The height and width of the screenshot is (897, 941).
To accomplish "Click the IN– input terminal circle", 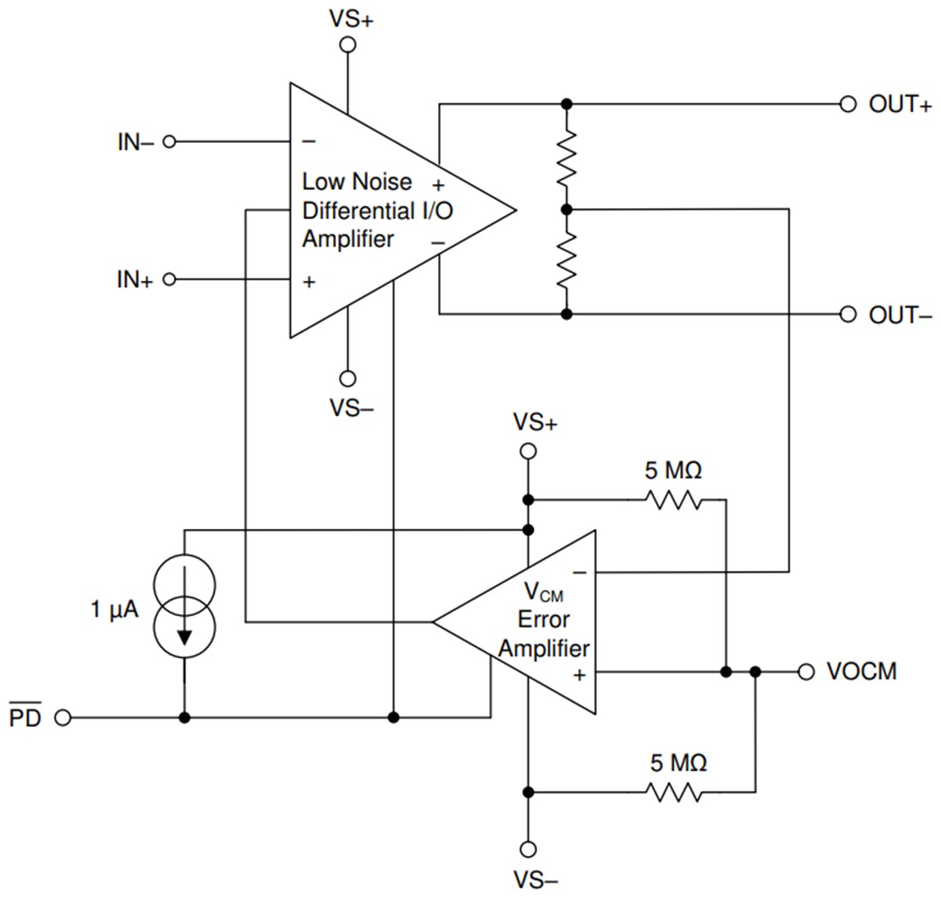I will click(169, 141).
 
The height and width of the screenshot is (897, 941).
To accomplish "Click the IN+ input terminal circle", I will click(169, 280).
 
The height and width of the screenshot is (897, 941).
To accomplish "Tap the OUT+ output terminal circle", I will click(847, 104).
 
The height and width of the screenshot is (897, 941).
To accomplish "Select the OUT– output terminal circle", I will click(847, 314).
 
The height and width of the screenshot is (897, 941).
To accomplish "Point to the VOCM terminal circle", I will click(805, 672).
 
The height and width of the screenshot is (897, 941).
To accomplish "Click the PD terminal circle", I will click(62, 717).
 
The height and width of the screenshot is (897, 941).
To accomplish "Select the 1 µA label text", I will click(115, 610).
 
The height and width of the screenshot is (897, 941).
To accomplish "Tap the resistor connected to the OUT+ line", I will click(566, 157).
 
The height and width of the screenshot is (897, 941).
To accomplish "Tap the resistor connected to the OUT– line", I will click(566, 261).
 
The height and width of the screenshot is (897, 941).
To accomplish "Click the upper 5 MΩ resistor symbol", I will click(675, 499).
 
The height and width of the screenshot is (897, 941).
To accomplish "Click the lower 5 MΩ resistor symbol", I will click(675, 792).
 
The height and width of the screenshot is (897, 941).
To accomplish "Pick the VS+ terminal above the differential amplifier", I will click(347, 45).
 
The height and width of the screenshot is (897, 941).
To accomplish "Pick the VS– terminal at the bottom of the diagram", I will click(528, 849).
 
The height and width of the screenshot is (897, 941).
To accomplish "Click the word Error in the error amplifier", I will click(543, 620).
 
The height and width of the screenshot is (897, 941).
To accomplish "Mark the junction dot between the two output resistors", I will click(566, 209).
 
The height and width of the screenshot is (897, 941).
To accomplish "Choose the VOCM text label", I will click(861, 672).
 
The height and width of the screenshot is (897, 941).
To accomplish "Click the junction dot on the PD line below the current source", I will click(185, 717).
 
